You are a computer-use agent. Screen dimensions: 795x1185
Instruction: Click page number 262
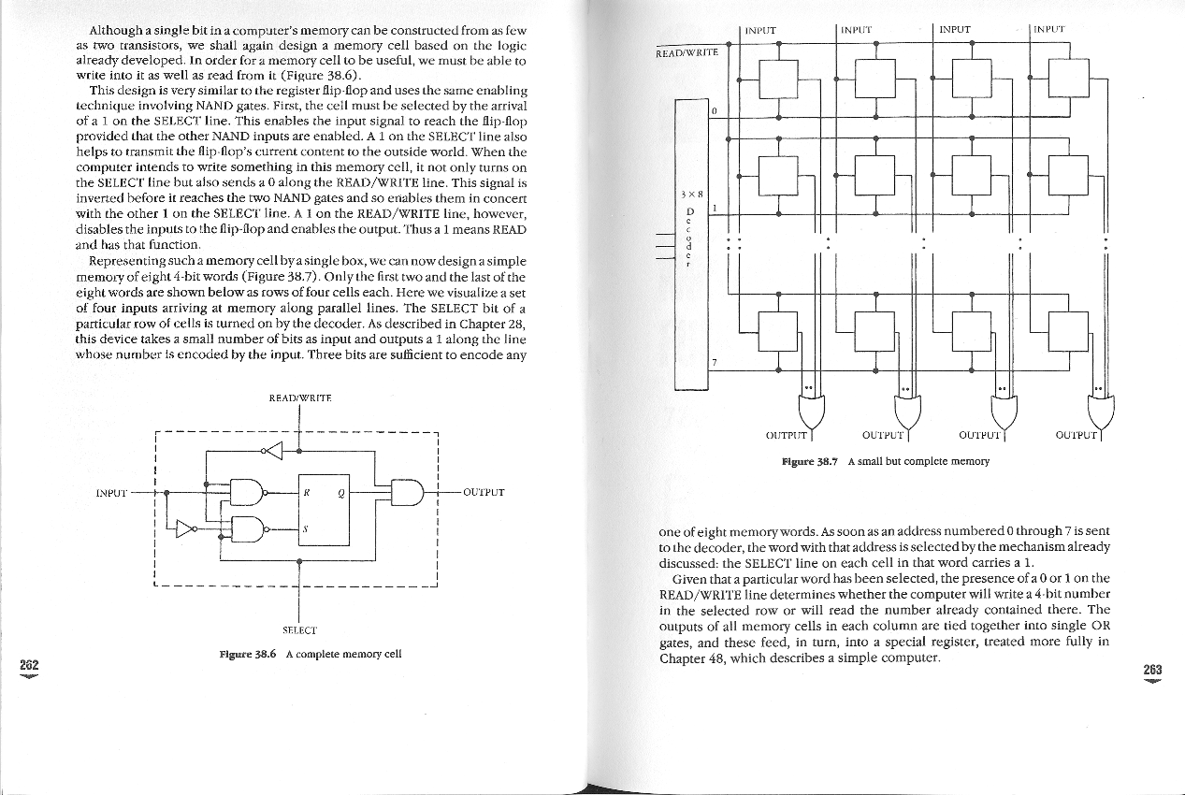[29, 663]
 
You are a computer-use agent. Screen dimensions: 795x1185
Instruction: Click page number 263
[1152, 669]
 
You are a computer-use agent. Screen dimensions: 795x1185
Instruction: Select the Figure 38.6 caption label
[251, 654]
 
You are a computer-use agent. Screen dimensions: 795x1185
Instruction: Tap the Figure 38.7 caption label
[813, 461]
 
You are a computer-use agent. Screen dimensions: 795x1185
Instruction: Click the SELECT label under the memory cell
[298, 630]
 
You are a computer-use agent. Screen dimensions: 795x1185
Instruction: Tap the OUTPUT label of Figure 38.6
[484, 492]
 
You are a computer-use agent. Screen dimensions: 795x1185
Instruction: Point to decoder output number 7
[714, 361]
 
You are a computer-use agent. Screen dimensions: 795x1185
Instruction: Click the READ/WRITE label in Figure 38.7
[686, 51]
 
